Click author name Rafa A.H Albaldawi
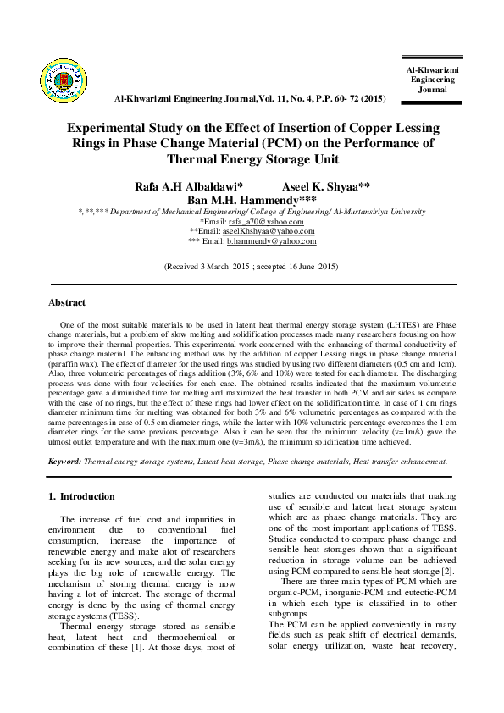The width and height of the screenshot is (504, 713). click(188, 185)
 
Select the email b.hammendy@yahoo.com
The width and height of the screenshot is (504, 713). click(271, 241)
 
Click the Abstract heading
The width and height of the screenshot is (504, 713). click(67, 302)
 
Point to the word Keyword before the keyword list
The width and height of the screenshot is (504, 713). click(64, 462)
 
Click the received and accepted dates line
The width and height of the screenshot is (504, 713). click(252, 266)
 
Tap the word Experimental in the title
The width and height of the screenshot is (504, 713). click(114, 129)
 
